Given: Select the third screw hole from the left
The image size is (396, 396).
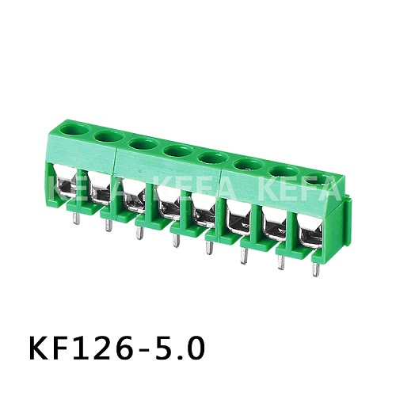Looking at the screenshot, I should click(142, 144).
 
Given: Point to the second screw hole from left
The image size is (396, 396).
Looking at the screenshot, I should click(108, 137).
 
